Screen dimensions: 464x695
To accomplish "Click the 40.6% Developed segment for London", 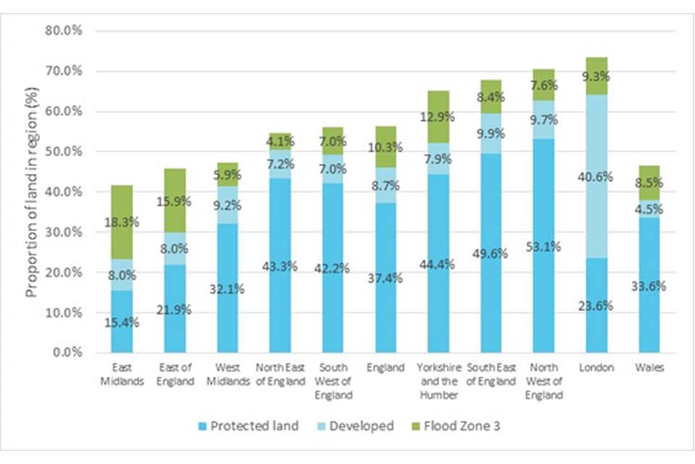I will tap(597, 176).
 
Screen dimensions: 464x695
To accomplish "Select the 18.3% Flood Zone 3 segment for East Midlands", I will tap(122, 225).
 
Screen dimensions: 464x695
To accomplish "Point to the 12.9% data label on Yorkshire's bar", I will tap(438, 133).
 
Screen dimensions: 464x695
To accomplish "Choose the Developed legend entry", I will tap(360, 426).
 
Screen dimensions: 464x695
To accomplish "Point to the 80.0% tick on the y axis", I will tap(64, 31).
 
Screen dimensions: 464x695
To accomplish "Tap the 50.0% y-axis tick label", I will tap(64, 152).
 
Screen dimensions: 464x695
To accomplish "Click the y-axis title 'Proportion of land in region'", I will tap(33, 192).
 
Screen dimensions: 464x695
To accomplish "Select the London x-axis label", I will tap(597, 368).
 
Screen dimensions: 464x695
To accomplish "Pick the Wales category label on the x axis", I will tap(650, 368).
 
